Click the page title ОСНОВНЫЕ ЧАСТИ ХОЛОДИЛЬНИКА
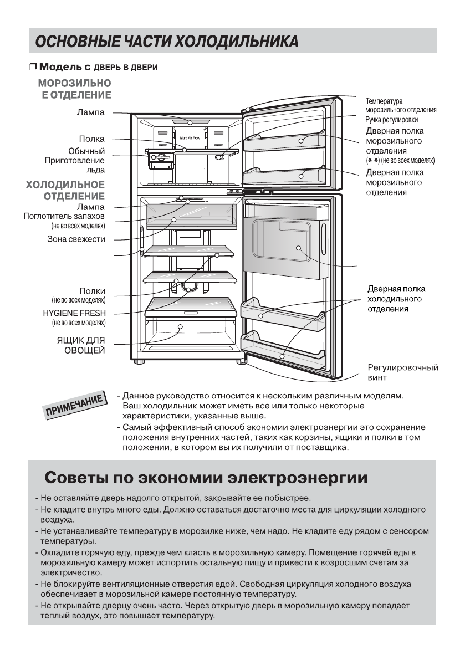click(167, 42)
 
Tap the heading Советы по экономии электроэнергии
click(206, 477)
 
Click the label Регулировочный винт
click(403, 372)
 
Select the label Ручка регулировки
click(391, 120)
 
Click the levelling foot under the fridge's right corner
click(242, 362)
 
